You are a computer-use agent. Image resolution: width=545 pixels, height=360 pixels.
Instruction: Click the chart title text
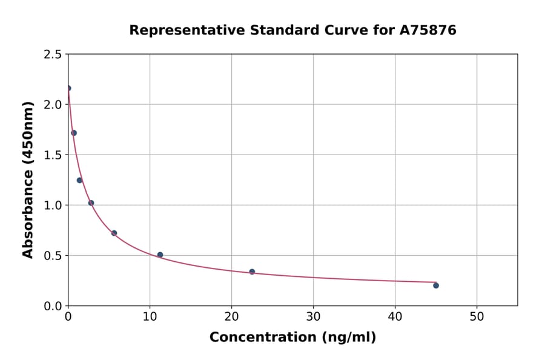pos(292,30)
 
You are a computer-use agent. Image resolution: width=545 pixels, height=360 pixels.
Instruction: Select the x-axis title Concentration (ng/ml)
pos(292,338)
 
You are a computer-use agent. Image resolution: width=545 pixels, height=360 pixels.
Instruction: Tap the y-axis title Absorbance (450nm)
pos(28,180)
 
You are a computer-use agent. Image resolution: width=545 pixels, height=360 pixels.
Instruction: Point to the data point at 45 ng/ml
pos(436,285)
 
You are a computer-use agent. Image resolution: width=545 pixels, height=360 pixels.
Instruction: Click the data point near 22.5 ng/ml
pos(252,272)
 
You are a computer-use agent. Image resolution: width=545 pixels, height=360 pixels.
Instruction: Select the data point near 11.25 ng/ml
pos(160,255)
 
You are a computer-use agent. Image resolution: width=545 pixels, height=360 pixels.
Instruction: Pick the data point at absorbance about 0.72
pos(114,233)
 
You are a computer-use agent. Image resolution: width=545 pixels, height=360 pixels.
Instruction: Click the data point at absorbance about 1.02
pos(91,203)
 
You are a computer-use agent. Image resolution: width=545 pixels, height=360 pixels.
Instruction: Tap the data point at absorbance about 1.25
pos(79,180)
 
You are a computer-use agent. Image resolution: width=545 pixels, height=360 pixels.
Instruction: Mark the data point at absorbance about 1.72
pos(74,133)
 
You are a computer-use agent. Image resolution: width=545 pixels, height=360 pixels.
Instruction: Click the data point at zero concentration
pos(68,88)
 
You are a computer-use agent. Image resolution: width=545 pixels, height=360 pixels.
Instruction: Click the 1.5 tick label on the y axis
pos(53,155)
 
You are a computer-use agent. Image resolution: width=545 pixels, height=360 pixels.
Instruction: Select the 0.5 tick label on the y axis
pos(53,256)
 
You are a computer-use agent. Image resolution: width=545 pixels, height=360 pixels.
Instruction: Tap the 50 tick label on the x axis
pos(477,317)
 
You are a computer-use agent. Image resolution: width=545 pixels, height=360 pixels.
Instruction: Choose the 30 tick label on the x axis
pos(313,317)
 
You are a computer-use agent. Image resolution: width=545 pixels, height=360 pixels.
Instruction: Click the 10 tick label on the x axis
pos(150,317)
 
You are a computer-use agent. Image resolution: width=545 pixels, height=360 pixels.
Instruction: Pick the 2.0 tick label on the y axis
pos(53,105)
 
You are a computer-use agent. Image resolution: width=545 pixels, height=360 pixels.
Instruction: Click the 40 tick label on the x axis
pos(395,317)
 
